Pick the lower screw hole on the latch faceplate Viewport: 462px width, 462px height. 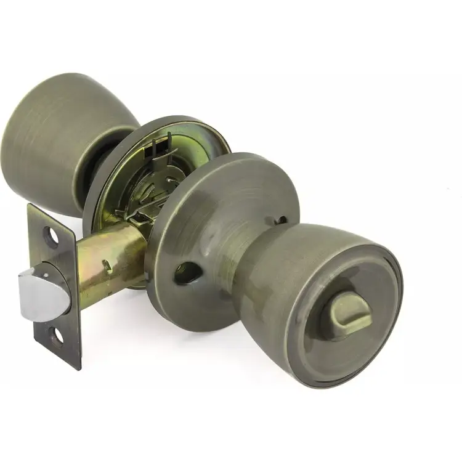click(57, 336)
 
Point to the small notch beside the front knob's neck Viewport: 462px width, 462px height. click(281, 220)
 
